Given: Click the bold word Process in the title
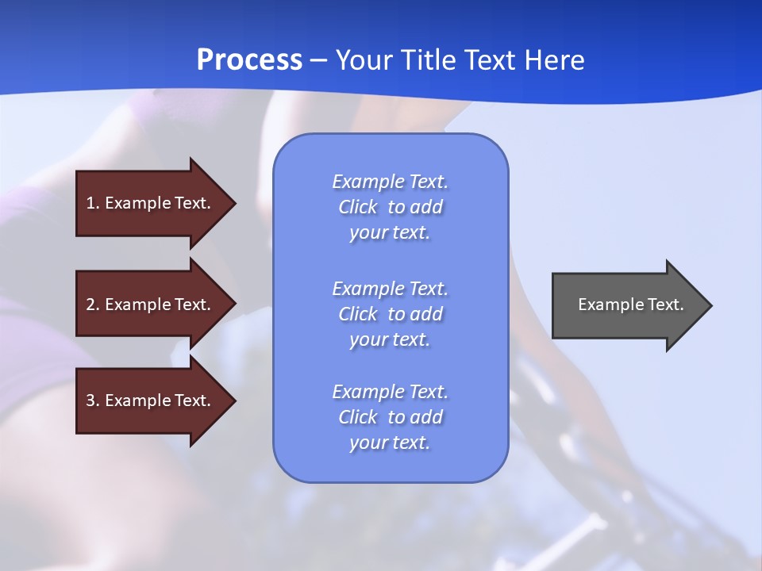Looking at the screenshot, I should tap(249, 60).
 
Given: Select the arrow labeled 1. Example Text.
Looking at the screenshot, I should tap(151, 203).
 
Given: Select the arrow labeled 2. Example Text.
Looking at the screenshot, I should tap(151, 305).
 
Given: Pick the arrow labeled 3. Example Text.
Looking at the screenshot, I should tap(151, 400).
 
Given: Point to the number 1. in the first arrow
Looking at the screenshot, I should tap(93, 203).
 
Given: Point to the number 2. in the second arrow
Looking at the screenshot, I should tap(93, 305).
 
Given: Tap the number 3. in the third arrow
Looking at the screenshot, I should tap(93, 400).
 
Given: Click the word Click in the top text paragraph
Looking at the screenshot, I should tap(358, 208).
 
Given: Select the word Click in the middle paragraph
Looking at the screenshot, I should tap(358, 314).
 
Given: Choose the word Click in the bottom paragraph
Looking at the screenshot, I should tap(358, 417).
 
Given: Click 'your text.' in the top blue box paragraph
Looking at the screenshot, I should tap(390, 233).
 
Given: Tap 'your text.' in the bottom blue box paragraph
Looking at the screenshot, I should tap(390, 443).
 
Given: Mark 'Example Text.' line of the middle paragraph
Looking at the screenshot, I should tap(390, 289).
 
